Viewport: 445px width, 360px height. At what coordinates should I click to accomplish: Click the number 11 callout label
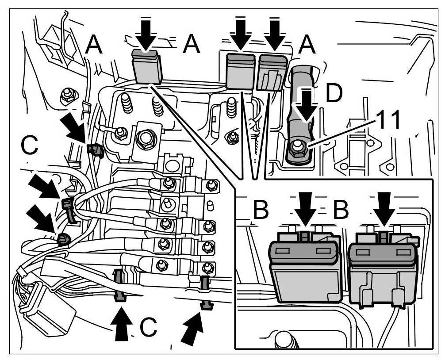pyautogui.click(x=388, y=120)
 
